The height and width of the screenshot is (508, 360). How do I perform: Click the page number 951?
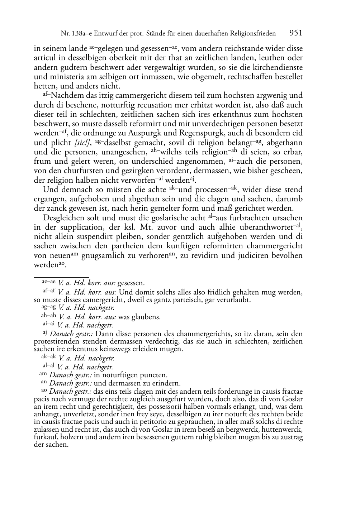pos(295,33)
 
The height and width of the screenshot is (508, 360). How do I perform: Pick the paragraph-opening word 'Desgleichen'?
pos(65,218)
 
